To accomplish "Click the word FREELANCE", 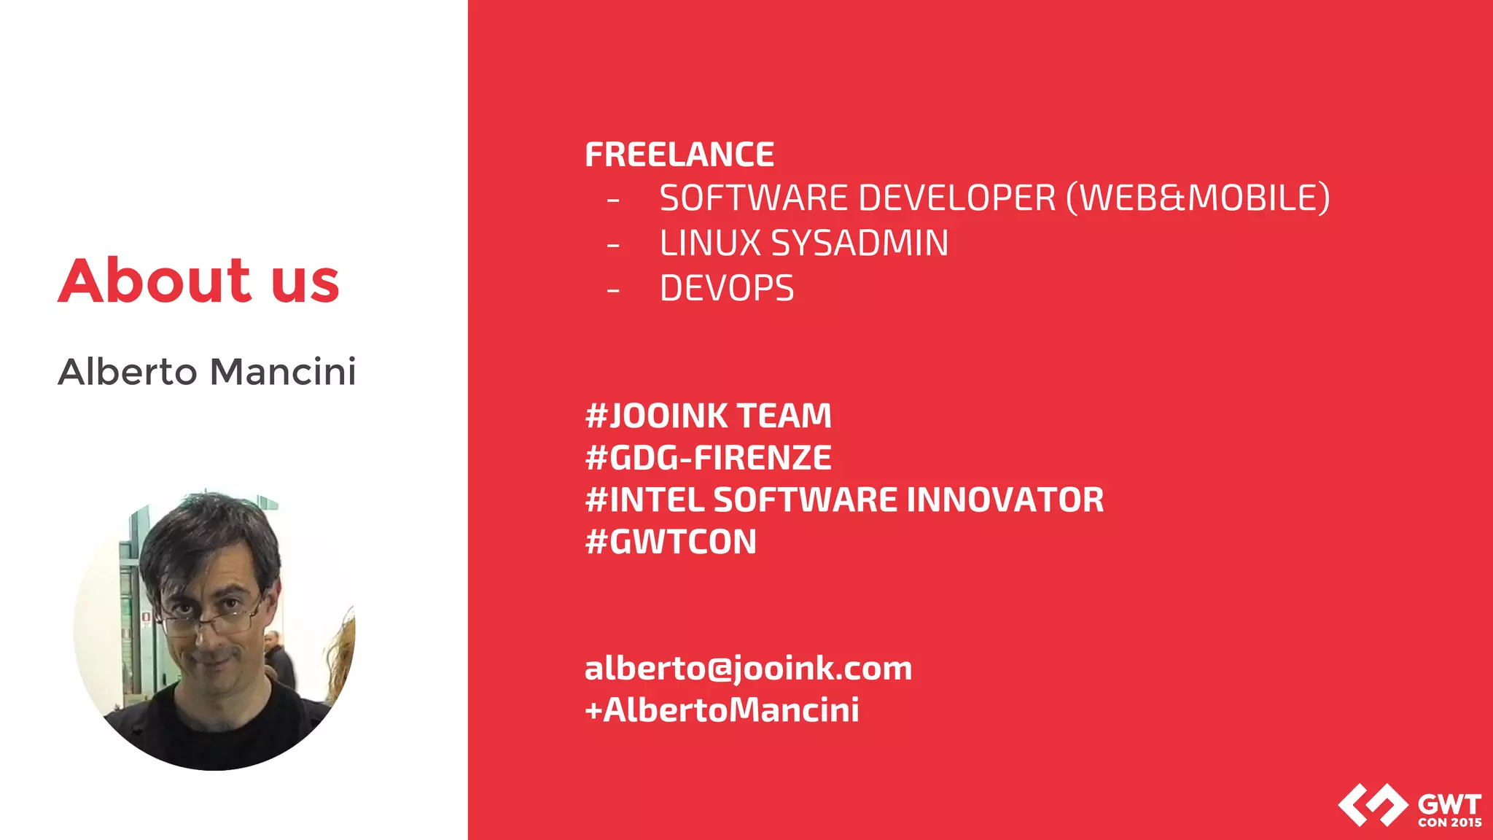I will (679, 155).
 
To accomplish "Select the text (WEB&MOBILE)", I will (1198, 198).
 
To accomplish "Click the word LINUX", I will (710, 244).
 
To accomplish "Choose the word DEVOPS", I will (727, 289).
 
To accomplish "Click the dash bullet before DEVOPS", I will (613, 291).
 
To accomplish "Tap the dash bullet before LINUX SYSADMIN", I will (613, 246).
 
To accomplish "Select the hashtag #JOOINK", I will (656, 416).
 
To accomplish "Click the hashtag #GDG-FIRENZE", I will (708, 458).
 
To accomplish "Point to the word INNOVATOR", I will (1005, 500).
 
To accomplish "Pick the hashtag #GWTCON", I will (671, 542).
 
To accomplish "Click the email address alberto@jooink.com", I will (748, 669).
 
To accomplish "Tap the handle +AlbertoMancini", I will (722, 710).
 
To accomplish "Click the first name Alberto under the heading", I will (128, 372).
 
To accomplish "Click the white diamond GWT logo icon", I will (1373, 805).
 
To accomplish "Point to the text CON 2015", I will (1449, 822).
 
